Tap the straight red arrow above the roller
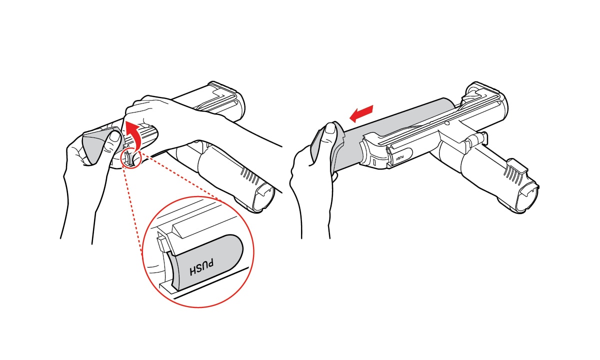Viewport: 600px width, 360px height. point(360,112)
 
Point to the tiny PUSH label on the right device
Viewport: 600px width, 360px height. point(399,156)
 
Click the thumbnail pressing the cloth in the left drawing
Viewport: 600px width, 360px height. point(114,136)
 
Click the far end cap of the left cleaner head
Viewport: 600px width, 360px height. point(230,97)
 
